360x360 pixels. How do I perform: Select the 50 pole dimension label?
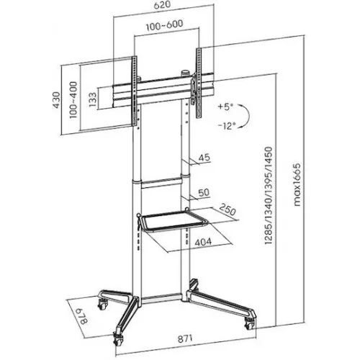(x=203, y=192)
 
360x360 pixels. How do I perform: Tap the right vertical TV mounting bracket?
(x=195, y=79)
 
